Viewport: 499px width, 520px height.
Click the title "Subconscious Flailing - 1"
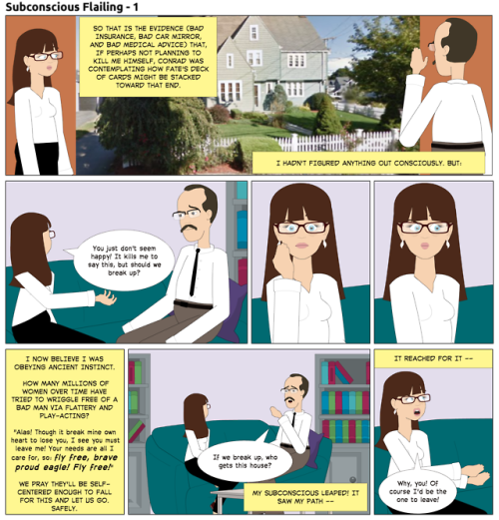[72, 7]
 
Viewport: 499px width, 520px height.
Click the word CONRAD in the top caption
[172, 61]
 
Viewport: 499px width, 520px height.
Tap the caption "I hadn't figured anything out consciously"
[368, 163]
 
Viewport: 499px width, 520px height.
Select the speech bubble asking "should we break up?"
[123, 260]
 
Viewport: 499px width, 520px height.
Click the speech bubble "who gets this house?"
[245, 460]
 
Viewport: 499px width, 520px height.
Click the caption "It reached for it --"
[433, 358]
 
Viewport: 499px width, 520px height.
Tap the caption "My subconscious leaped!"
[305, 497]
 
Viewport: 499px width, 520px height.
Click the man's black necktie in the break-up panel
[195, 272]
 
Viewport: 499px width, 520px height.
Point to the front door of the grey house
[256, 95]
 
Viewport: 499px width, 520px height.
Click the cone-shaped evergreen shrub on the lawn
[327, 116]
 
